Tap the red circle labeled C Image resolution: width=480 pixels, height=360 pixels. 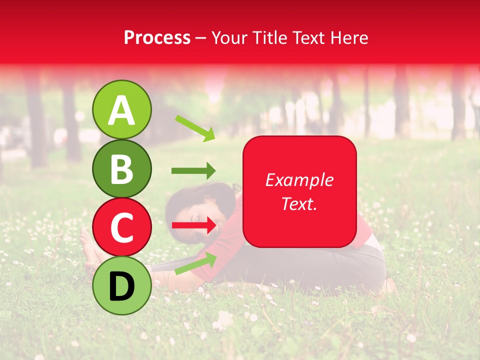coord(121,227)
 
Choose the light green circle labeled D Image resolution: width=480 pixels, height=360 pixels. coord(121,285)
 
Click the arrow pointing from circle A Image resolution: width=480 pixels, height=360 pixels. coord(194,128)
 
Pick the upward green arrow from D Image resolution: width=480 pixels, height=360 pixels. coord(195,263)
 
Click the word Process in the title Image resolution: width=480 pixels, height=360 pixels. coord(157,38)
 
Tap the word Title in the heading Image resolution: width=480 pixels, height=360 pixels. coord(270,38)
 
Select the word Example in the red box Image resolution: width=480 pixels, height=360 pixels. coord(299,180)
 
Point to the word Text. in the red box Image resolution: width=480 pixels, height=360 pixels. coord(299,203)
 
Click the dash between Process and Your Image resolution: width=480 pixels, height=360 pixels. coord(201,38)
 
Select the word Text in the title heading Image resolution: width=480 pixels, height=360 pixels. coord(309,38)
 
